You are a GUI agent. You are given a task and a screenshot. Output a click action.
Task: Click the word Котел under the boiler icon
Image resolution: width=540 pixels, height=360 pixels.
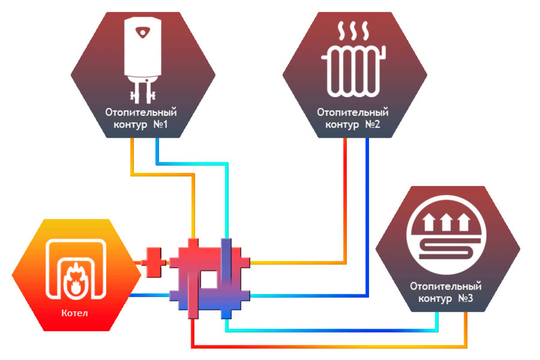pos(75,313)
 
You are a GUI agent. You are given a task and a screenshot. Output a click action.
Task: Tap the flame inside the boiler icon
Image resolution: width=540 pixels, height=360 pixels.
pos(76,280)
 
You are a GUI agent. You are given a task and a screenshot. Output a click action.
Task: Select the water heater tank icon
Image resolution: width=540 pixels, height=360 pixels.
pos(143,60)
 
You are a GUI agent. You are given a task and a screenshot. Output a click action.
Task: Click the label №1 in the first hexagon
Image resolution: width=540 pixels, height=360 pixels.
pos(161,124)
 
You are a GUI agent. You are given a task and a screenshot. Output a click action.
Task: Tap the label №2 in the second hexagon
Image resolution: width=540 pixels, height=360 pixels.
pos(373,124)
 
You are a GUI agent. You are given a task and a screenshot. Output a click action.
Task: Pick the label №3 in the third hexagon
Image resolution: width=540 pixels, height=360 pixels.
pos(465,298)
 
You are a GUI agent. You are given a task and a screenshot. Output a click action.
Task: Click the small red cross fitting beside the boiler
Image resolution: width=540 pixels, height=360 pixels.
pos(153,262)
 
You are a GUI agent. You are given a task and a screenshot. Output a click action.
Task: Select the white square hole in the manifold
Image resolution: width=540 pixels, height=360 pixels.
pos(208,279)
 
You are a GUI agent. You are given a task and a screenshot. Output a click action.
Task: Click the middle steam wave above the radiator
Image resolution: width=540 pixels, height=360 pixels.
pos(353,31)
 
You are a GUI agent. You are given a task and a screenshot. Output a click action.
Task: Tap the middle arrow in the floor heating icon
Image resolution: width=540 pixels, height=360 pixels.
pos(446,222)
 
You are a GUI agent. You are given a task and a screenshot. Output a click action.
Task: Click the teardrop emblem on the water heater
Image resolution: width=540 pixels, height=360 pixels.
pos(143,32)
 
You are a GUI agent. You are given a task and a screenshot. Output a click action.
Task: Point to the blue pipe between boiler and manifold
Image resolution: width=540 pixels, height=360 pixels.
pos(149,295)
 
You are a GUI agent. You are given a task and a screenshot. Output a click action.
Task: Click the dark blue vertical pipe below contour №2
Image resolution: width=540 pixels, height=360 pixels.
pos(367,217)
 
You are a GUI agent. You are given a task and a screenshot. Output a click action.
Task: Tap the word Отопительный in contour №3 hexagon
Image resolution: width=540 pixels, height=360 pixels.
pos(446,287)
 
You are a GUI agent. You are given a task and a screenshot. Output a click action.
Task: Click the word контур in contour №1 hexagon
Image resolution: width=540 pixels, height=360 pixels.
pos(130,125)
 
